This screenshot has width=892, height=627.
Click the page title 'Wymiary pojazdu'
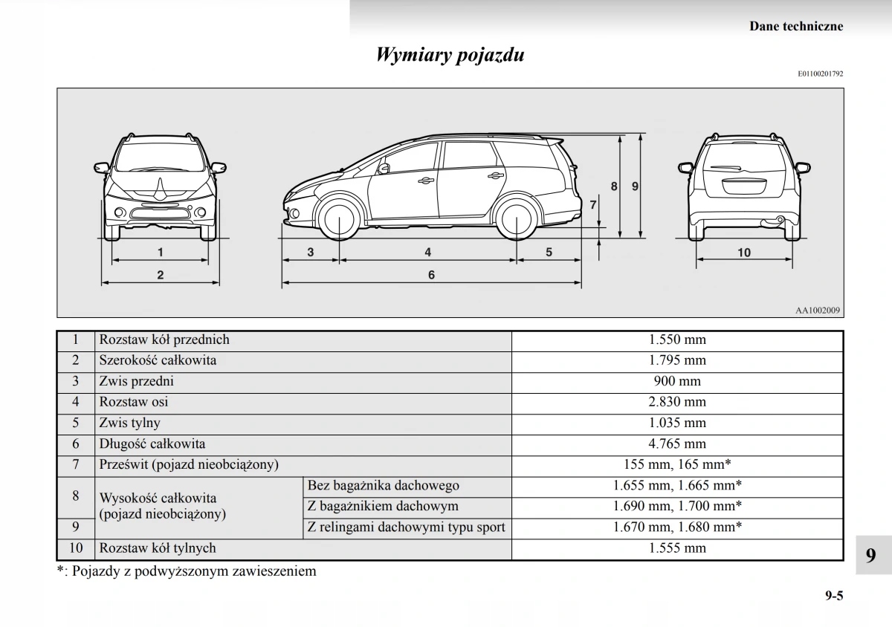[450, 55]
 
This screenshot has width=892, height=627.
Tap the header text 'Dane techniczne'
[796, 26]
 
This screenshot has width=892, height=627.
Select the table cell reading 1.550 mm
[676, 340]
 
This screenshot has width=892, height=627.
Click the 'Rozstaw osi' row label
[134, 402]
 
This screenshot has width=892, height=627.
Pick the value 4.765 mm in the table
[676, 444]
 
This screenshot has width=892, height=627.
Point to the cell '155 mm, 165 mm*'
[676, 464]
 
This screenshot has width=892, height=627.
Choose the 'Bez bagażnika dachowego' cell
[384, 486]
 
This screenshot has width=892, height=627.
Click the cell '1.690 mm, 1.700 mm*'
[676, 507]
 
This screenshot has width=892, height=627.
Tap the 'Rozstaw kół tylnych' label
[158, 548]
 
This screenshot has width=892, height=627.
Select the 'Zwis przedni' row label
[137, 381]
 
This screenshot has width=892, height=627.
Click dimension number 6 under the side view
[431, 275]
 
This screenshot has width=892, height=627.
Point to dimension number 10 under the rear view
[744, 253]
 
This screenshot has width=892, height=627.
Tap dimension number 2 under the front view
[161, 275]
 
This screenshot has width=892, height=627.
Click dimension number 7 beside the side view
[593, 204]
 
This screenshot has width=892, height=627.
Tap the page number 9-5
[833, 595]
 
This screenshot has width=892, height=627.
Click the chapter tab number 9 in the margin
[870, 556]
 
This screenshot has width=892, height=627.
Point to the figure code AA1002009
[818, 311]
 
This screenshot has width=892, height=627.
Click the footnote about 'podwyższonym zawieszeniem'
[187, 571]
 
